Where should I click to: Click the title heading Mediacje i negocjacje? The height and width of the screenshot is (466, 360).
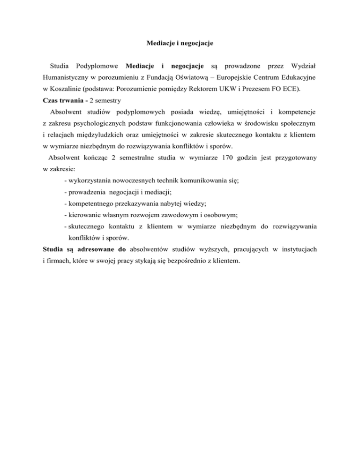click(x=180, y=44)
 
